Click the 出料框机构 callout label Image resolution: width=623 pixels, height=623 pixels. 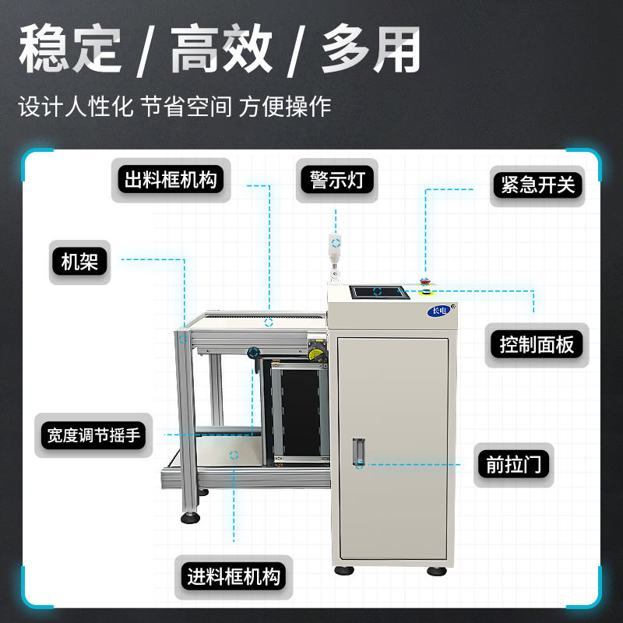[x=170, y=181]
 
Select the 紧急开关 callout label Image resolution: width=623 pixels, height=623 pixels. [x=537, y=185]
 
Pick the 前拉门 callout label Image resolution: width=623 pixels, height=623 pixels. [x=513, y=465]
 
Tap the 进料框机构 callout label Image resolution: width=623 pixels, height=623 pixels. [x=233, y=577]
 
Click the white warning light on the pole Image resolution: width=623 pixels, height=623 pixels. [x=336, y=245]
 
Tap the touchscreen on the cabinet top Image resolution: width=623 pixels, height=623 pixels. [x=378, y=292]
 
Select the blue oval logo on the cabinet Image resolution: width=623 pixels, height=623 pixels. [x=438, y=312]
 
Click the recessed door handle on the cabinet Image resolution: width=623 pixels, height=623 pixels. [x=359, y=452]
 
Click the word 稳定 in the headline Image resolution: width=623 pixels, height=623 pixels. [x=70, y=51]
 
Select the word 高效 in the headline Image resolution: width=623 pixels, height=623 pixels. [x=221, y=51]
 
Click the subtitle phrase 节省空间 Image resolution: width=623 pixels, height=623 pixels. [x=186, y=107]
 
